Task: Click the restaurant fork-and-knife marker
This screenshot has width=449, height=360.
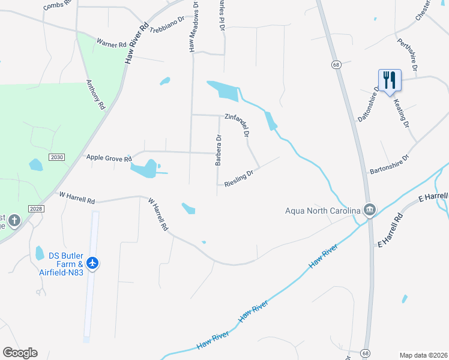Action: [390, 80]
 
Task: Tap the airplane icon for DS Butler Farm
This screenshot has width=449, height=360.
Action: [92, 262]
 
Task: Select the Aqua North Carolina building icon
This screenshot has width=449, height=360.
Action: [370, 209]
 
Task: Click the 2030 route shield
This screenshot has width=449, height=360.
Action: [56, 157]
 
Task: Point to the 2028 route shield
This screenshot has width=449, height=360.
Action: [35, 208]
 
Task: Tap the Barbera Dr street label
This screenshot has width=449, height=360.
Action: [219, 150]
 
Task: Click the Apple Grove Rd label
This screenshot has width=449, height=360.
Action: [109, 158]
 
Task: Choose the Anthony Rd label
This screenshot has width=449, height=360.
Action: [96, 94]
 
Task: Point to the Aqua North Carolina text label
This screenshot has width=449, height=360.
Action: [322, 210]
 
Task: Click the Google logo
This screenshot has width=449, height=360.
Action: [20, 353]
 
